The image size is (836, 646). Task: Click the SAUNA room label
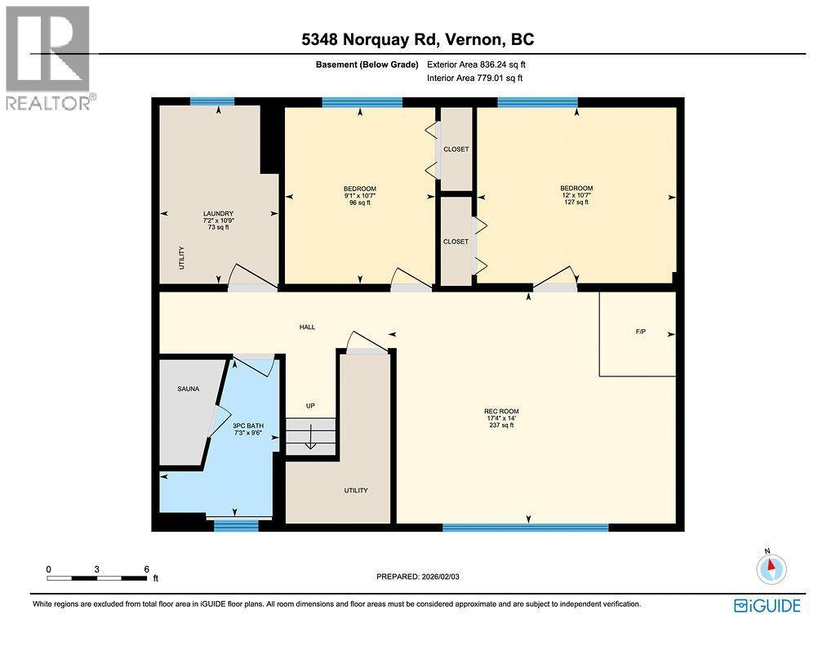tap(189, 389)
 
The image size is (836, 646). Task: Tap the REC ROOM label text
tap(501, 412)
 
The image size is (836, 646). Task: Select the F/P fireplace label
tap(640, 332)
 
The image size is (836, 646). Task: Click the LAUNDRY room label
tap(218, 213)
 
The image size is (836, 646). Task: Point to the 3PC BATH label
tap(248, 425)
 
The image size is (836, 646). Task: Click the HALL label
tap(307, 327)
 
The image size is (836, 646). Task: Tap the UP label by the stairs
tap(310, 406)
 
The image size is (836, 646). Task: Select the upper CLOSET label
tap(456, 149)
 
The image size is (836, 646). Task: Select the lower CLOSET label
tap(456, 242)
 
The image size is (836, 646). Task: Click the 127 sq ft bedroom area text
tap(576, 203)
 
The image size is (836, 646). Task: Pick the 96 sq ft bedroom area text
tap(360, 203)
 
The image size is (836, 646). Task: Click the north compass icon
tap(771, 568)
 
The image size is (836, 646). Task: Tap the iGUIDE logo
tap(767, 606)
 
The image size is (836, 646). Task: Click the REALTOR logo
tap(48, 58)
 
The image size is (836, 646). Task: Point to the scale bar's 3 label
tap(97, 569)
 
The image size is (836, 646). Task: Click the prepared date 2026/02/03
tap(440, 577)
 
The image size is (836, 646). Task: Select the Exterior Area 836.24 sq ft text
tap(476, 65)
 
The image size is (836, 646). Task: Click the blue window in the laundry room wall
tap(212, 101)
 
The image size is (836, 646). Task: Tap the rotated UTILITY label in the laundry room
tap(182, 257)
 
